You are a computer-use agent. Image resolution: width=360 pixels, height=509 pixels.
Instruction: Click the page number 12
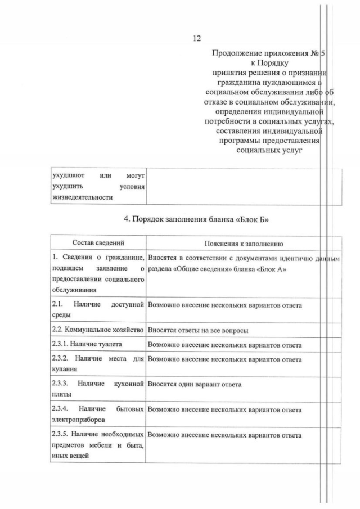point(197,38)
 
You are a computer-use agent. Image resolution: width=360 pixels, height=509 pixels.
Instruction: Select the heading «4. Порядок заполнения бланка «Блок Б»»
point(195,219)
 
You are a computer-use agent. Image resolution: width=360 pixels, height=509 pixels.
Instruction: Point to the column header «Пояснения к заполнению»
point(243,244)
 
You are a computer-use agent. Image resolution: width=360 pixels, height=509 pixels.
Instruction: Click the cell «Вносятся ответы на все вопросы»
point(198,330)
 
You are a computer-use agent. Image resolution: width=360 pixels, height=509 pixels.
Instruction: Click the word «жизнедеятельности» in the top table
point(82,197)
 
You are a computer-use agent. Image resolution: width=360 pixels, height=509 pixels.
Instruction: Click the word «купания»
point(64,368)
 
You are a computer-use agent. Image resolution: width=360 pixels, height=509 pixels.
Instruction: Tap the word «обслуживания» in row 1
point(73,290)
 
